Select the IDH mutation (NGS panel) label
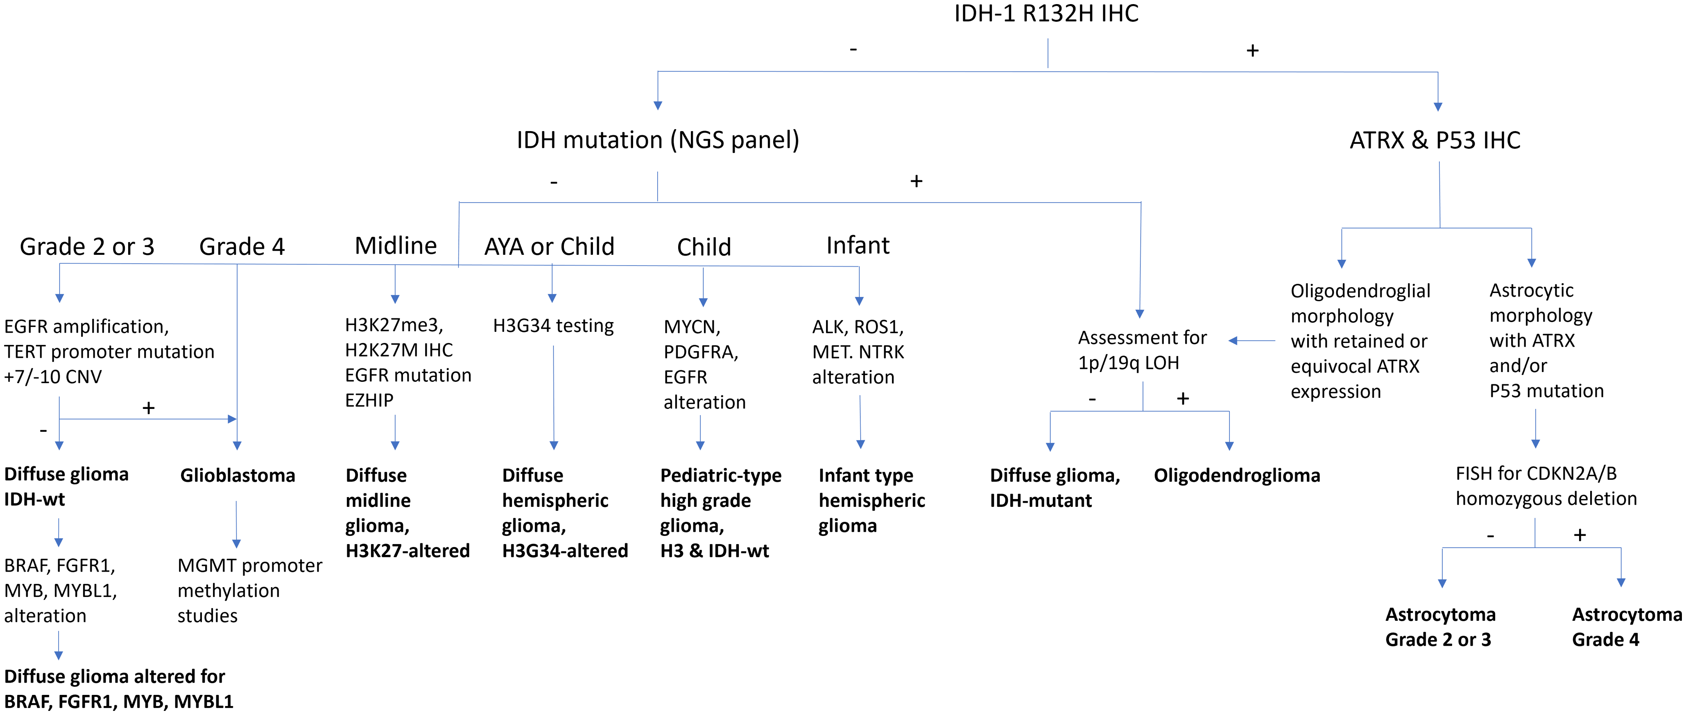tap(658, 140)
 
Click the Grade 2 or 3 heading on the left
tap(87, 247)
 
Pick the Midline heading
tap(396, 245)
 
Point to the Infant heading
tap(858, 245)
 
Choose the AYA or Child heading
tap(549, 247)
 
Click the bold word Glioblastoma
tap(238, 475)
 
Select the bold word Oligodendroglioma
tap(1237, 475)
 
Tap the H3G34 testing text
tap(553, 326)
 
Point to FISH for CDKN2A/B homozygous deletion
tap(1546, 486)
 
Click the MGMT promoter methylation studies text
tap(249, 590)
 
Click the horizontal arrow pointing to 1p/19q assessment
tap(1252, 340)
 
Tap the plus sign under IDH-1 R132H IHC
tap(1252, 50)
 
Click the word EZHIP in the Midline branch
tap(369, 400)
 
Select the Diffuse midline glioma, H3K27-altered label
tap(407, 513)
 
